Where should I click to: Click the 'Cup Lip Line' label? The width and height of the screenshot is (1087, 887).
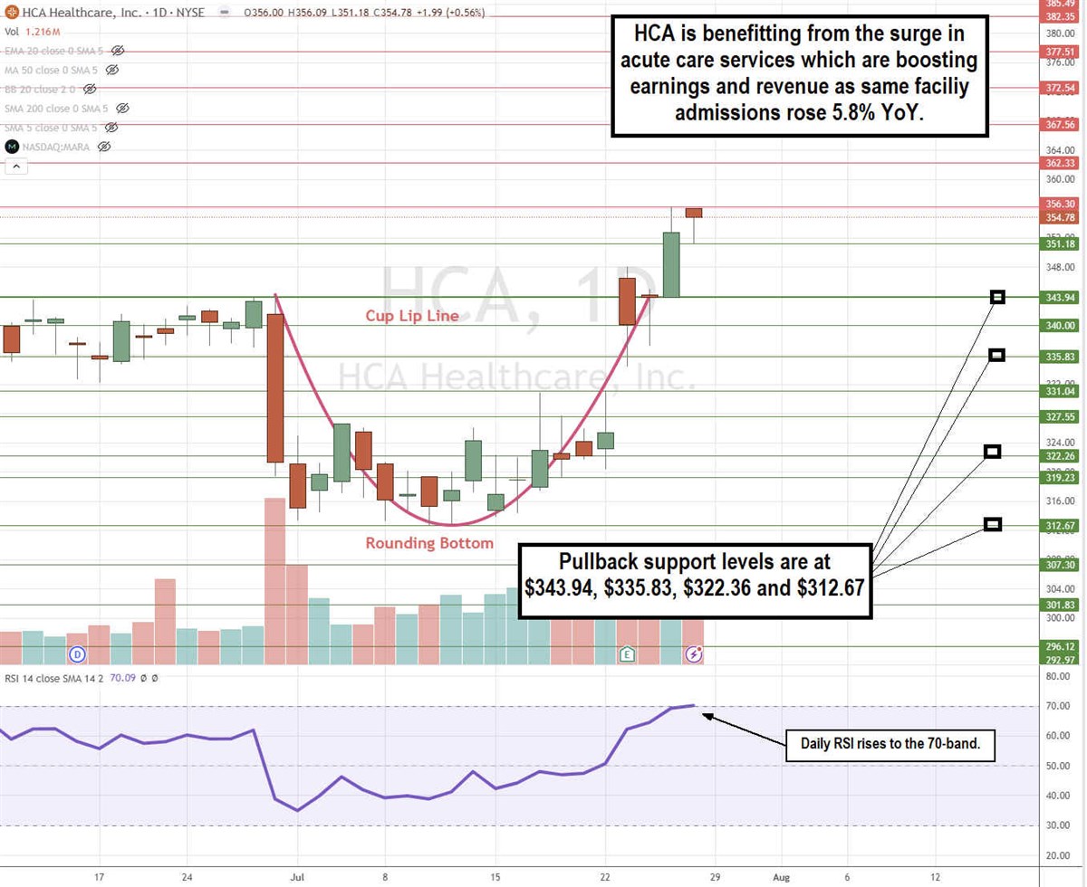click(x=412, y=316)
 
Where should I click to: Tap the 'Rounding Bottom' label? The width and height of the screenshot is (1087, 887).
click(x=429, y=543)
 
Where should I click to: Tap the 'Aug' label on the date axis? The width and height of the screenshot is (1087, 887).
click(x=781, y=876)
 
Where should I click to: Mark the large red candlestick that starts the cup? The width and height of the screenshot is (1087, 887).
click(x=274, y=387)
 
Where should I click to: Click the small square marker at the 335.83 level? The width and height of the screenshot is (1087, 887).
click(x=997, y=355)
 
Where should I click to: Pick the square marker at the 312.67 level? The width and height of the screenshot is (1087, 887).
click(x=993, y=524)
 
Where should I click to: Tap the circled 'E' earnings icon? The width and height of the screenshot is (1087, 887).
click(x=627, y=653)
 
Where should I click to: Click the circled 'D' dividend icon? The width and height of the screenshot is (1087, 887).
click(x=78, y=653)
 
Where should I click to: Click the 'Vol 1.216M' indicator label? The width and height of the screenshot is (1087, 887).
click(x=31, y=32)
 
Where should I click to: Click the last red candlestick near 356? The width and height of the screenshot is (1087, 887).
click(x=694, y=213)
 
